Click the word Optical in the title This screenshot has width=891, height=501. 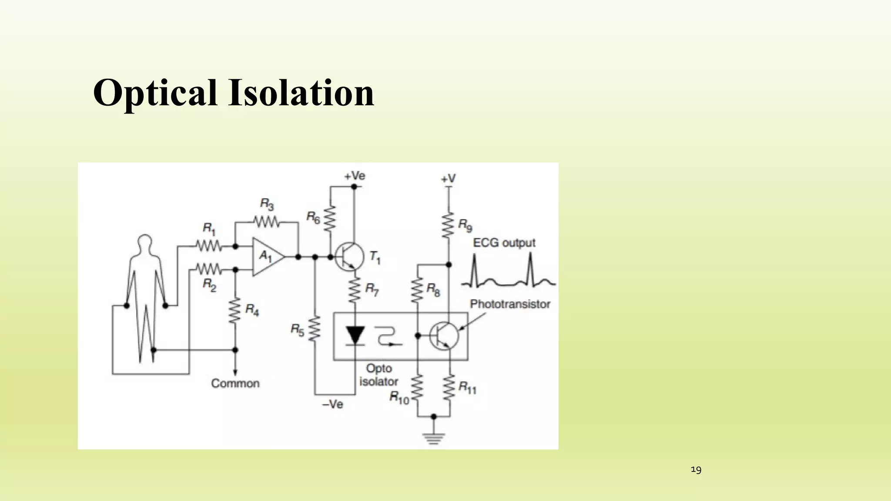tap(155, 93)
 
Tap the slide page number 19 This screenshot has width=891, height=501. tap(696, 470)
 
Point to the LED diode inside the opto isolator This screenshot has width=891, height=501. tap(355, 335)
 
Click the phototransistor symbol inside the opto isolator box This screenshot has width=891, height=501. tap(444, 335)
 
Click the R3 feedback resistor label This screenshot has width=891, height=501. tap(267, 204)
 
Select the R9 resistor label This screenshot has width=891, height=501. tap(465, 225)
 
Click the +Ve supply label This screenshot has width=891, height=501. tap(355, 176)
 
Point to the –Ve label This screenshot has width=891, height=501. tap(332, 404)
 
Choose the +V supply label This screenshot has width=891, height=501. tap(448, 178)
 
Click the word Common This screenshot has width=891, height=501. tap(235, 384)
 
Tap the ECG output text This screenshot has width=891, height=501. tap(504, 243)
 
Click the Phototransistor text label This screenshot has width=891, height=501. tap(510, 304)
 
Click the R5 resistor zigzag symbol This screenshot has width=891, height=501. tap(315, 329)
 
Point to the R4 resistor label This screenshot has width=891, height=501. tap(252, 310)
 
